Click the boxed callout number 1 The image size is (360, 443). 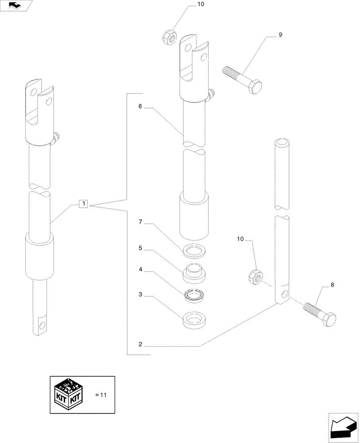[x=84, y=204]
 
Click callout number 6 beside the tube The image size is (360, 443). [x=140, y=107]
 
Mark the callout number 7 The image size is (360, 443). [x=140, y=222]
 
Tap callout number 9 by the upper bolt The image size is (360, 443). [x=280, y=35]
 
